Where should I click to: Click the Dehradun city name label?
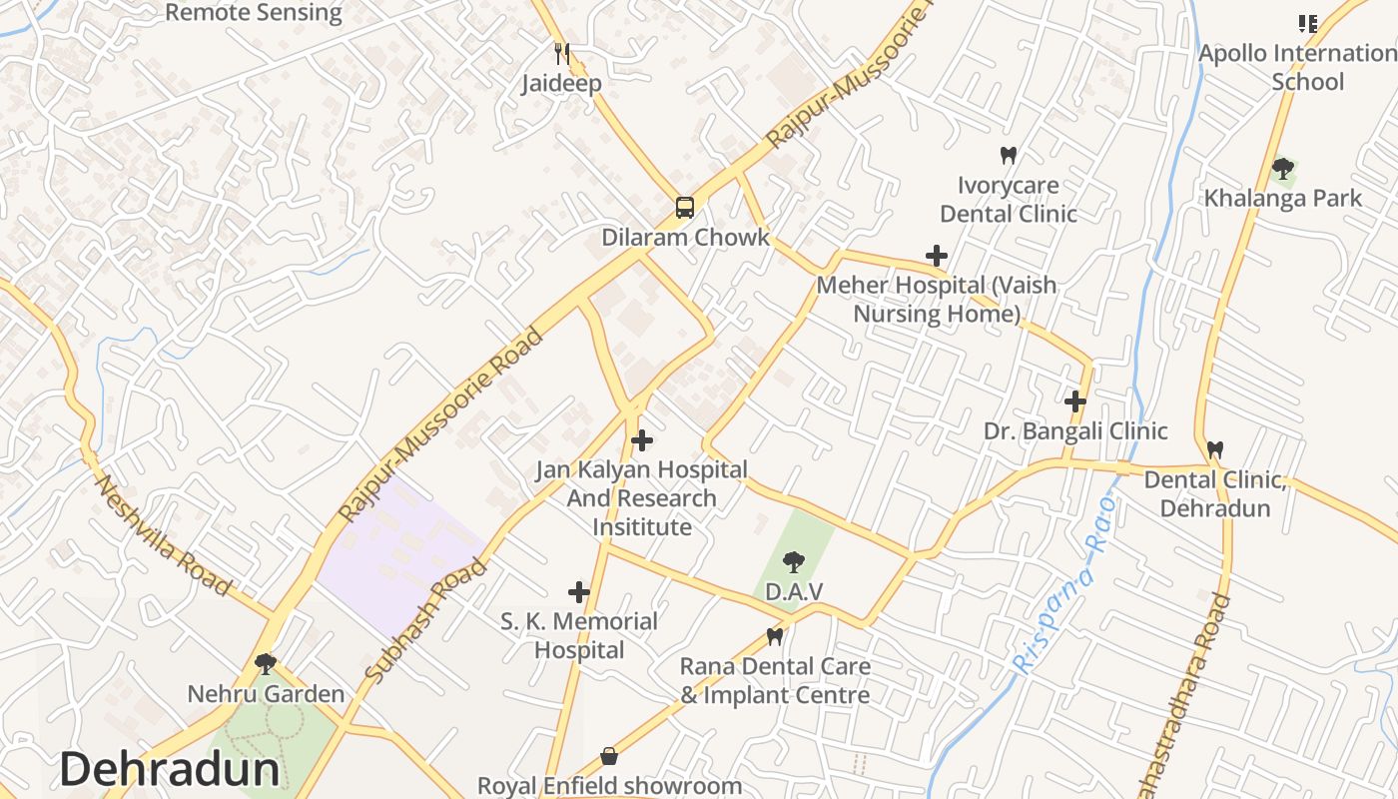(x=170, y=769)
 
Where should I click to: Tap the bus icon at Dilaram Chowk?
(x=684, y=208)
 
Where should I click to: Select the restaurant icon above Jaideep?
(x=561, y=53)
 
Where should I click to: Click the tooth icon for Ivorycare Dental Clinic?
(x=1008, y=155)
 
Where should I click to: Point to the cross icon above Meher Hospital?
(x=936, y=256)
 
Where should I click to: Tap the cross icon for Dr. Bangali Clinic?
(x=1074, y=401)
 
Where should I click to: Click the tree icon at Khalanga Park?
(x=1282, y=168)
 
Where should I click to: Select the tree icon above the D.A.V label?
(x=793, y=561)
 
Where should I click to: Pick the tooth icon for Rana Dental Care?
(x=774, y=635)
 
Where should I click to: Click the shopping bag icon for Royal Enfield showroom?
(x=609, y=756)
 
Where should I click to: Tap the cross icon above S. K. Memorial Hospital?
(x=578, y=592)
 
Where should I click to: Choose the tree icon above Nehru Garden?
(x=265, y=663)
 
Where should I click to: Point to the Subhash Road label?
(x=427, y=620)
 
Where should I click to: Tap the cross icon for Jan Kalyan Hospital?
(x=642, y=439)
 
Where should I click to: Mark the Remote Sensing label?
(x=254, y=13)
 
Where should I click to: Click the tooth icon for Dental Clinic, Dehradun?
(x=1214, y=449)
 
